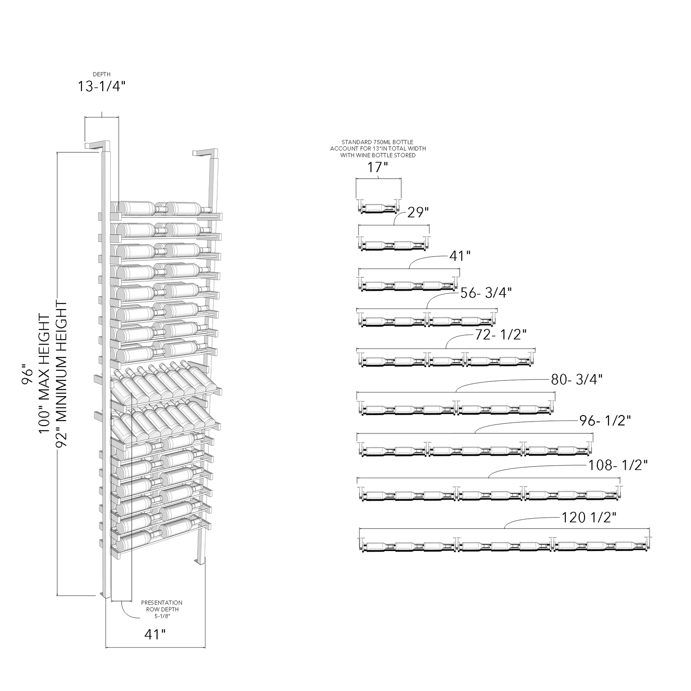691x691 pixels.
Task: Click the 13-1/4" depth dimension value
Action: [101, 87]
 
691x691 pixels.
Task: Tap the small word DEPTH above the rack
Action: [102, 74]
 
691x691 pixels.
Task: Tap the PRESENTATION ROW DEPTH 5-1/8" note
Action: [162, 609]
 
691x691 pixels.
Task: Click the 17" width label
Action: [376, 167]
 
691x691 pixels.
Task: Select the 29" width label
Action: [418, 212]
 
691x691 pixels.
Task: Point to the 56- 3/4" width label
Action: [486, 293]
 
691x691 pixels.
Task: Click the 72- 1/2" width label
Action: [501, 334]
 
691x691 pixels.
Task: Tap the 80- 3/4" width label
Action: [577, 380]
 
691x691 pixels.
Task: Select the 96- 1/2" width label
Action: [605, 421]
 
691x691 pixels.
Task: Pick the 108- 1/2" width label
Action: [618, 465]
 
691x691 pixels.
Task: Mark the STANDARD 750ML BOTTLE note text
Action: [378, 149]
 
